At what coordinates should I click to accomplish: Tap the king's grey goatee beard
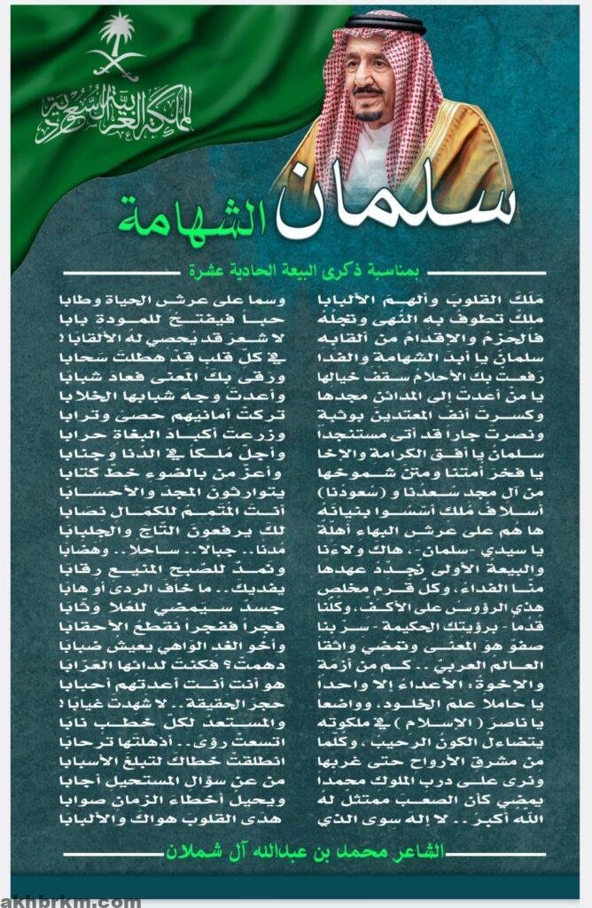click(x=370, y=114)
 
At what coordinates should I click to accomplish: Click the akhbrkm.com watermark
click(x=71, y=900)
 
